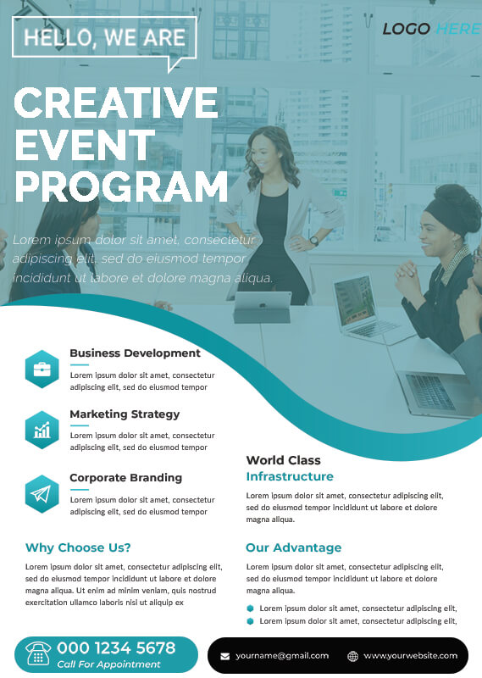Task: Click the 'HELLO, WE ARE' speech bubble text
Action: tap(104, 37)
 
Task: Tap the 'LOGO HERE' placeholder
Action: tap(431, 29)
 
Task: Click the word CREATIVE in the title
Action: tap(116, 102)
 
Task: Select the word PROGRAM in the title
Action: tap(121, 186)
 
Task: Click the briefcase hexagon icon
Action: tap(42, 369)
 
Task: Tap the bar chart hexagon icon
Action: tap(42, 430)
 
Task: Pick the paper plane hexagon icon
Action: tap(42, 494)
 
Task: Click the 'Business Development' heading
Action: tap(135, 353)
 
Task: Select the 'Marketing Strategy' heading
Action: tap(125, 414)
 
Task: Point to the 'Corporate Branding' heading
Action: tap(126, 478)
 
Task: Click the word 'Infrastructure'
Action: tap(290, 476)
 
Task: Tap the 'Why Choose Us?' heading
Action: tap(78, 547)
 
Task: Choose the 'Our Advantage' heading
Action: tap(294, 547)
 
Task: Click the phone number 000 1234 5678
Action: tap(116, 647)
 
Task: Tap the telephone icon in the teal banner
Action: tap(38, 653)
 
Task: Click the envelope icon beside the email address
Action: tap(224, 656)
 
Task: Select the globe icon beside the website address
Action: tap(352, 656)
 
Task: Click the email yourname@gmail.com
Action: tap(282, 656)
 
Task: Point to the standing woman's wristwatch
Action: tap(314, 241)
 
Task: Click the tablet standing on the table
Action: tap(263, 307)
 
